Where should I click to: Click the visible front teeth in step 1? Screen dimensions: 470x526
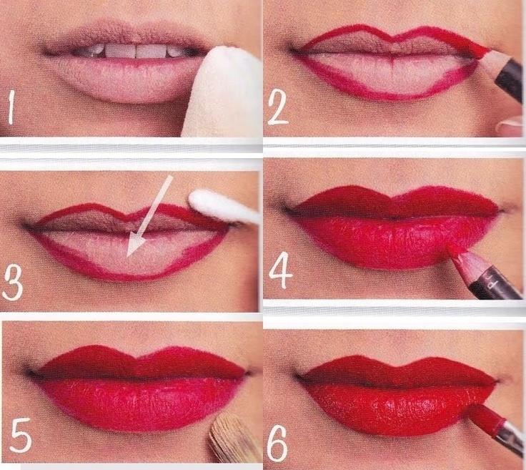point(136,52)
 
